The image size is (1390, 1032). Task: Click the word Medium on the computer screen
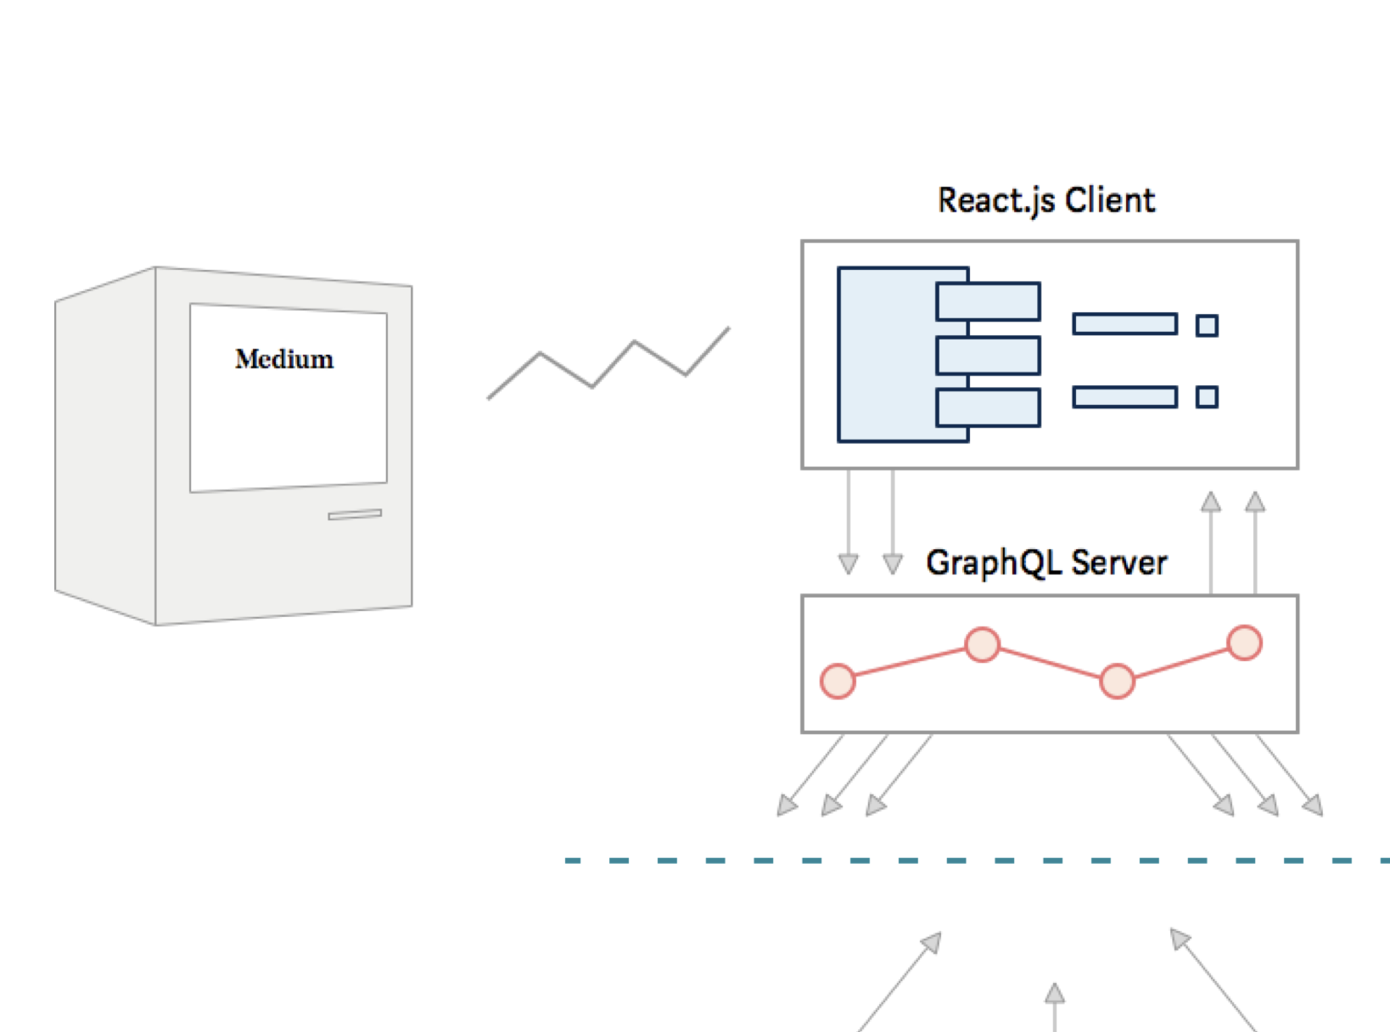284,359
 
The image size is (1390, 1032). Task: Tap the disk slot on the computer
355,514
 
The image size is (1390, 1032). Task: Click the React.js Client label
1045,200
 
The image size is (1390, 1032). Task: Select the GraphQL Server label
1046,563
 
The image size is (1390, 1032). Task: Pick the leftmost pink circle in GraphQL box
838,681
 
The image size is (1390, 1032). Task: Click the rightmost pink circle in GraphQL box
1244,642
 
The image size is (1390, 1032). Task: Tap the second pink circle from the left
982,645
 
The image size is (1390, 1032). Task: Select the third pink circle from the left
1117,681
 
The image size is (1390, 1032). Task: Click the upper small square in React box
1207,325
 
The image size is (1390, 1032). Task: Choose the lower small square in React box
1207,397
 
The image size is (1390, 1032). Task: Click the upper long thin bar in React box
1124,324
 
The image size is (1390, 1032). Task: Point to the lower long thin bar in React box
1124,397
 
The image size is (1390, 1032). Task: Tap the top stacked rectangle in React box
989,301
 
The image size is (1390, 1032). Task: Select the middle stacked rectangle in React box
989,356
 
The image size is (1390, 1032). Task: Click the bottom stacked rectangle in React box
989,408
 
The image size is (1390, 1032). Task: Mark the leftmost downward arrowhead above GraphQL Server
848,564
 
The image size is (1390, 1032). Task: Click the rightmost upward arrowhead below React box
1255,502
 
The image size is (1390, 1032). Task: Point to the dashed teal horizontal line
976,861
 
